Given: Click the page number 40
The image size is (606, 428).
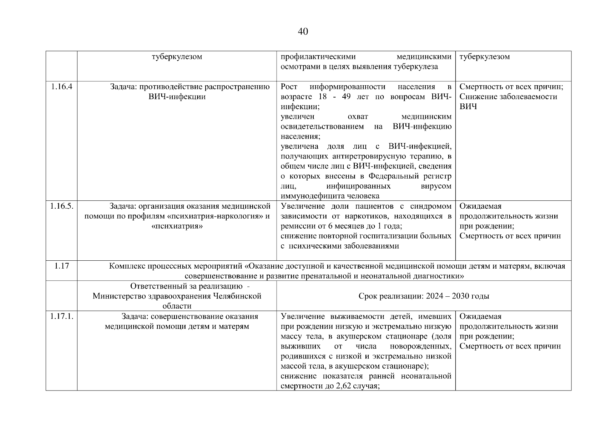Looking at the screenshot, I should coord(303,32).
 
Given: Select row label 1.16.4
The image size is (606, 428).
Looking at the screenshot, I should coord(61,87).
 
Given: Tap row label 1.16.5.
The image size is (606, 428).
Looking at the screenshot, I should coord(62,206).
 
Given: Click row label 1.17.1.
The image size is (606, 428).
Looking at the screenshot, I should coord(62,316).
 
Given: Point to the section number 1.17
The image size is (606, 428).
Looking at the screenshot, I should coord(62,266).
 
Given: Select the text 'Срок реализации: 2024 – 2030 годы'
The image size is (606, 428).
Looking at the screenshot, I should coord(424,296).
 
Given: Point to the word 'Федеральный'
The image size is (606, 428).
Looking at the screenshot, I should coord(392,176).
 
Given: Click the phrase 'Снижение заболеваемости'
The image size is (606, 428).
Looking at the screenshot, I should coord(508,97).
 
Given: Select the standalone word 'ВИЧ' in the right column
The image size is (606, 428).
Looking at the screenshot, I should coord(468,107).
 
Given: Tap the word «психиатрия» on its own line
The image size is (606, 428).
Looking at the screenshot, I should coord(177,226).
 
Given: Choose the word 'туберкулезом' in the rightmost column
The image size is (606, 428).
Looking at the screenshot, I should coord(484,57).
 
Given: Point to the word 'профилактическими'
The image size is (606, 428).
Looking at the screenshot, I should coord(318,57).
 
